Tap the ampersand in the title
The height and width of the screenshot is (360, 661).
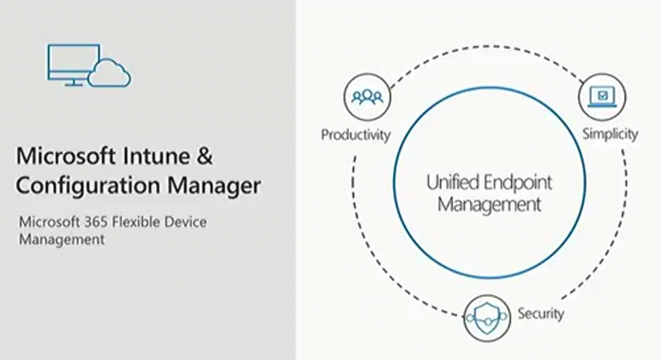(x=205, y=156)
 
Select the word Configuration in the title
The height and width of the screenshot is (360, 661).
(x=88, y=185)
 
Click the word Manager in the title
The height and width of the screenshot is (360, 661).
(x=214, y=185)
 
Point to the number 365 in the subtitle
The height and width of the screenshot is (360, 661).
(x=96, y=222)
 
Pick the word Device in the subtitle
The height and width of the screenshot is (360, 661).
(x=185, y=222)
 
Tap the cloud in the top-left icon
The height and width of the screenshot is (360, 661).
(x=110, y=73)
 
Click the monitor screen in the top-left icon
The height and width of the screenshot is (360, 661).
(x=74, y=62)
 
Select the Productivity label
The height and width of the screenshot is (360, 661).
(x=356, y=135)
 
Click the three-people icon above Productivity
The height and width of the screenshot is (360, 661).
(x=367, y=97)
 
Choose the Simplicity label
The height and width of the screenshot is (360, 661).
(x=610, y=134)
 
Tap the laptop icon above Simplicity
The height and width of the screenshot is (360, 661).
(x=602, y=97)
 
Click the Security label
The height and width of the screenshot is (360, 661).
(x=540, y=314)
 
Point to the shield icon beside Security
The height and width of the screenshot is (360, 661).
(x=487, y=318)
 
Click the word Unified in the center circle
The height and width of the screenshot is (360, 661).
(x=453, y=183)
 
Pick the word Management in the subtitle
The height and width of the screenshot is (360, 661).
(x=62, y=240)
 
